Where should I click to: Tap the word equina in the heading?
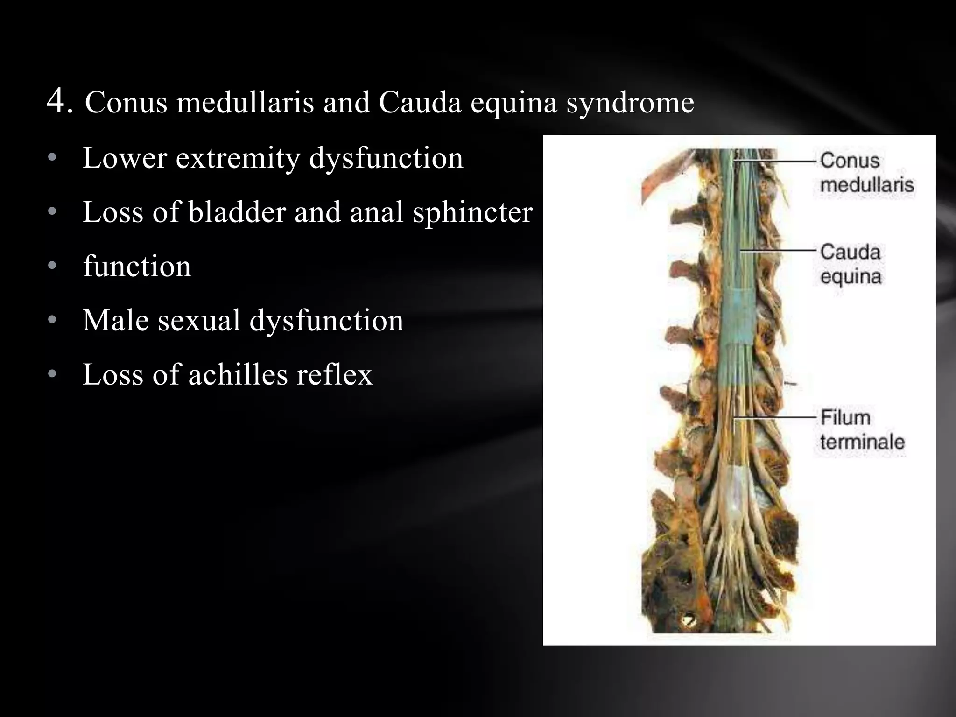pos(513,104)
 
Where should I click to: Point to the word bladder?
pos(237,212)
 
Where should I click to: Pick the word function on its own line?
pos(137,267)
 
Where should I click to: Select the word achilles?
pos(238,374)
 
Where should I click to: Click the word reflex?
pos(335,374)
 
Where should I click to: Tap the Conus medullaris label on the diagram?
pos(866,173)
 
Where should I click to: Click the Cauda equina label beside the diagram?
pos(851,264)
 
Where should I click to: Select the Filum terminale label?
pos(862,429)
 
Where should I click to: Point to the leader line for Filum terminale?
pos(775,416)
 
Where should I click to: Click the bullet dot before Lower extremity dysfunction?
pos(52,159)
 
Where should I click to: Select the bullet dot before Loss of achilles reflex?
pos(52,374)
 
